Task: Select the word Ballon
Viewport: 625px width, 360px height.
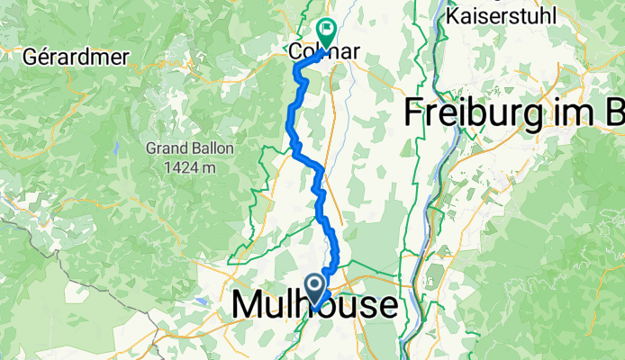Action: pos(206,147)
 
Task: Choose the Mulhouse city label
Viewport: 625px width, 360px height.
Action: pos(313,305)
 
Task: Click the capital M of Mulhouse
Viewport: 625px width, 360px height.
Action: pos(246,305)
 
